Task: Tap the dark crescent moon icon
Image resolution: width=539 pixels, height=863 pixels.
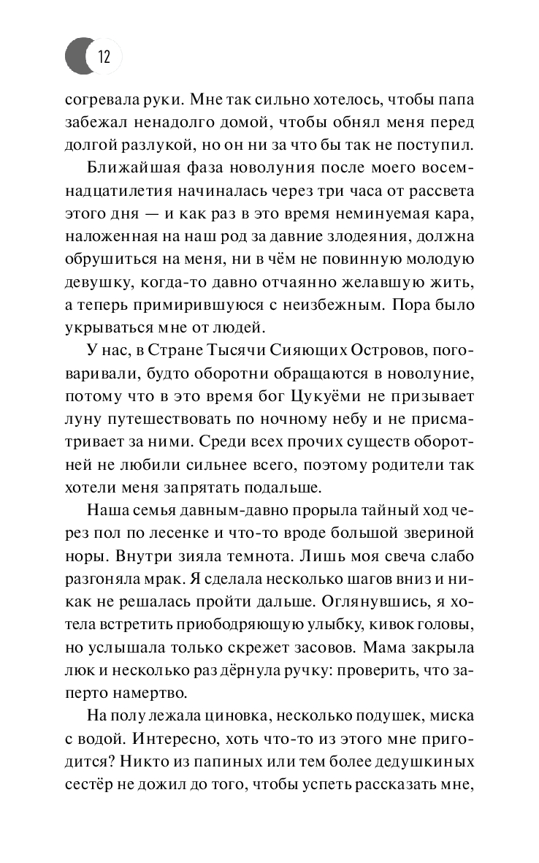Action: [76, 56]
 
